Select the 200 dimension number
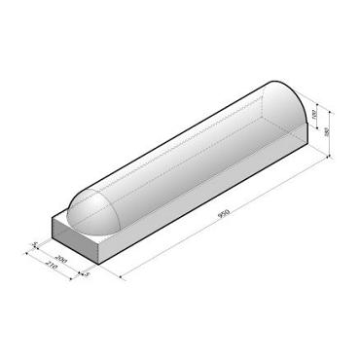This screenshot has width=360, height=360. coord(61,261)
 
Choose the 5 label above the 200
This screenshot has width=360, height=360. coord(35,243)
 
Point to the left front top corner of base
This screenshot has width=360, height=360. coord(53,220)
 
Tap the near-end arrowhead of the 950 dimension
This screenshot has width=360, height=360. coord(121,278)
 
